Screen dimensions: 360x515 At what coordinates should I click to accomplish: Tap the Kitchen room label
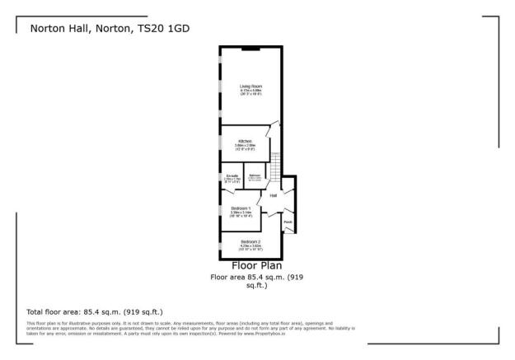tap(245, 141)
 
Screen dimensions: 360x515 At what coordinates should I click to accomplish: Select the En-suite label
tap(232, 175)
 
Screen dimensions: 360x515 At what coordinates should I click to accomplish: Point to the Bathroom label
tap(255, 175)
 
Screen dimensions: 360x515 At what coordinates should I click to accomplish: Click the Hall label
tap(273, 195)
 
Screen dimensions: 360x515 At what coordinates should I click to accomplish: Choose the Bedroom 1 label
tap(241, 208)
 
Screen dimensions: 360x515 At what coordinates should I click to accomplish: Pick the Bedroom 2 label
tap(251, 241)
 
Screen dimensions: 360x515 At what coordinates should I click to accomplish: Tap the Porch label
tap(288, 221)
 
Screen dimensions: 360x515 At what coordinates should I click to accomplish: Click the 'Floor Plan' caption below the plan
tap(257, 265)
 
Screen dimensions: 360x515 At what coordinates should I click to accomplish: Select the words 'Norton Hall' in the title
tap(59, 27)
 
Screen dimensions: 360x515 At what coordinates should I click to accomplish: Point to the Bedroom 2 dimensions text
tap(251, 247)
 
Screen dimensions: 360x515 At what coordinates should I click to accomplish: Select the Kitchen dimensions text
tap(245, 147)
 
